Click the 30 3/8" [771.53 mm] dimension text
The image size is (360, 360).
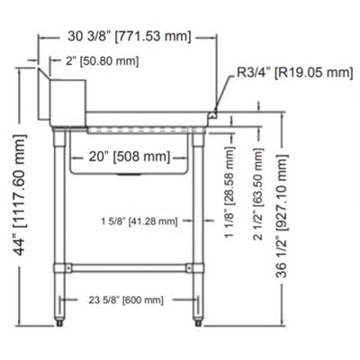click(x=130, y=37)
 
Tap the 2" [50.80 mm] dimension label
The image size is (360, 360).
click(x=103, y=61)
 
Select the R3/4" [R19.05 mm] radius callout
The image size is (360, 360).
click(x=295, y=73)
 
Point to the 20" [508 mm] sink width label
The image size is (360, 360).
click(x=130, y=157)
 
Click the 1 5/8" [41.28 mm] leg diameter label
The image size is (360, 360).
click(x=139, y=221)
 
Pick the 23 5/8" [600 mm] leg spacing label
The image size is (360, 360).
click(x=126, y=300)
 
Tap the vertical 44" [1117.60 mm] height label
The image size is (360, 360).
click(x=21, y=195)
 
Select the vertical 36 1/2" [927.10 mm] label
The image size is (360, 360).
click(x=282, y=217)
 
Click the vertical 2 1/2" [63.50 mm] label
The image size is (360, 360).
click(x=258, y=193)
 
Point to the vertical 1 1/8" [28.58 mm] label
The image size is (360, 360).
click(x=229, y=192)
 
